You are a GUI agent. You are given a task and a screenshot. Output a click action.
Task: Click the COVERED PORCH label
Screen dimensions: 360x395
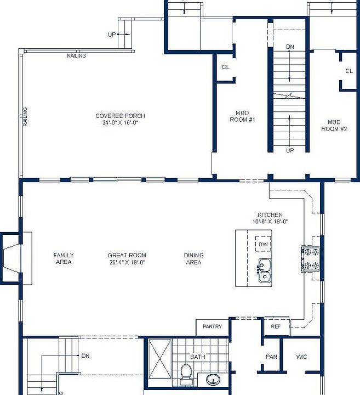pyautogui.click(x=120, y=116)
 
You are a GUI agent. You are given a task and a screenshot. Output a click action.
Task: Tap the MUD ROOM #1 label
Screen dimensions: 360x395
pyautogui.click(x=243, y=116)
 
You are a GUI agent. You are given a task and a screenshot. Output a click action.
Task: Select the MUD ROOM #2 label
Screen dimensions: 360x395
pyautogui.click(x=334, y=126)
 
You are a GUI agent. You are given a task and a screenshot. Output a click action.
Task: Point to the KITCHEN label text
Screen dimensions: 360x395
pyautogui.click(x=270, y=215)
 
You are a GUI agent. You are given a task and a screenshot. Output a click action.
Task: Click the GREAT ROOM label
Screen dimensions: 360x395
pyautogui.click(x=127, y=255)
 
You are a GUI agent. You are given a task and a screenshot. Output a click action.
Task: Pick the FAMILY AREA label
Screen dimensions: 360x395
pyautogui.click(x=64, y=259)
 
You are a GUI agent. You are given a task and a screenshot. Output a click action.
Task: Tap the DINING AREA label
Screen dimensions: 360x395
pyautogui.click(x=194, y=259)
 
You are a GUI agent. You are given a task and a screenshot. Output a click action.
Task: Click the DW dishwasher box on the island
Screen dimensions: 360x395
pyautogui.click(x=263, y=244)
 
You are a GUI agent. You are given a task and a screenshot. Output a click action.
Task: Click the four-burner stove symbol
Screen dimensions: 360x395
pyautogui.click(x=311, y=259)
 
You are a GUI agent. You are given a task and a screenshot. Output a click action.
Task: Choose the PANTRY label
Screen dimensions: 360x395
pyautogui.click(x=212, y=326)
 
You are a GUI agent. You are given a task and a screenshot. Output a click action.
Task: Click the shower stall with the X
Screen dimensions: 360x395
pyautogui.click(x=160, y=359)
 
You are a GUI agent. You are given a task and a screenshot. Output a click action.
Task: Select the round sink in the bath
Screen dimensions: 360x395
pyautogui.click(x=213, y=379)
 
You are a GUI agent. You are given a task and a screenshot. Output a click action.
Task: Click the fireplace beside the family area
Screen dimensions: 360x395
pyautogui.click(x=15, y=258)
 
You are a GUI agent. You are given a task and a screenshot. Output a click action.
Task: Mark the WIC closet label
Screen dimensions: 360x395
pyautogui.click(x=301, y=357)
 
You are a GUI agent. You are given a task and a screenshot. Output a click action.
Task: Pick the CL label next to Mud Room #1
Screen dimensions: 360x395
pyautogui.click(x=226, y=67)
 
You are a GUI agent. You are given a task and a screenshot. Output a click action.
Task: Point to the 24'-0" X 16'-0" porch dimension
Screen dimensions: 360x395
pyautogui.click(x=121, y=123)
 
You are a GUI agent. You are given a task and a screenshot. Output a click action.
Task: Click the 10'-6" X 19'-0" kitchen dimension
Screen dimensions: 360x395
pyautogui.click(x=270, y=222)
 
